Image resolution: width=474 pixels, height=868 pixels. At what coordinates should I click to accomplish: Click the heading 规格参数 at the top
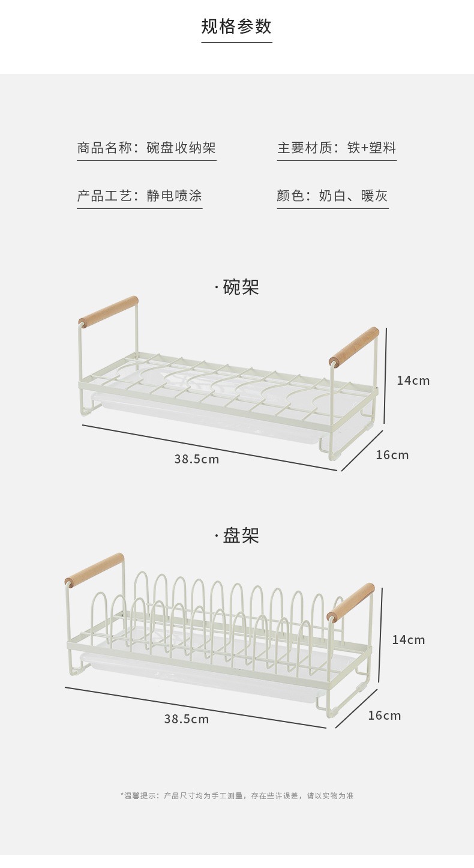(236, 26)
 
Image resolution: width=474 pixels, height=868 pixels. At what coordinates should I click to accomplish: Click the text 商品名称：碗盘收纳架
(146, 148)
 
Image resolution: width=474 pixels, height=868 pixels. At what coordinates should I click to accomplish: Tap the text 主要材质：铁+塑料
(337, 148)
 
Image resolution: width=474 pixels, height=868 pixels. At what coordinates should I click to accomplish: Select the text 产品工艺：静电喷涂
(139, 196)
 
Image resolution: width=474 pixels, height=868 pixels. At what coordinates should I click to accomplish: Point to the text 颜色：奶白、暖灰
(332, 196)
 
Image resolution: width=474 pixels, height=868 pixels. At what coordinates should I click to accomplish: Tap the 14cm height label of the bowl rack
(413, 380)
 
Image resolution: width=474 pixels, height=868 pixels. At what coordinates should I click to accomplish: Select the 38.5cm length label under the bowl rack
(197, 459)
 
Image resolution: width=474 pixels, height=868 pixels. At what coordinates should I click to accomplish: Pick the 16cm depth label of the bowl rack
(392, 455)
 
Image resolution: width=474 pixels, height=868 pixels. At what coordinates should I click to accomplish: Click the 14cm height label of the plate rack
(408, 640)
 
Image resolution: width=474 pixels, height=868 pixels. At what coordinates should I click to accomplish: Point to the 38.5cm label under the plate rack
(187, 719)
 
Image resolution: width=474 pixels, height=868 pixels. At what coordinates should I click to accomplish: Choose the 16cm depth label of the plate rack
(384, 716)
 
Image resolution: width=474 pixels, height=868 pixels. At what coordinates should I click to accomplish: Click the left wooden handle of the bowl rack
(109, 312)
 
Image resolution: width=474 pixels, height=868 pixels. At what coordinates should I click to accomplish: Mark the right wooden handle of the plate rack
(350, 602)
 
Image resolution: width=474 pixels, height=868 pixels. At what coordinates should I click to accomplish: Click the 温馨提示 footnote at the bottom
(237, 795)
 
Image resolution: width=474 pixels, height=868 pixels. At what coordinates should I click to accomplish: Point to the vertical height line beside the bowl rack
(385, 375)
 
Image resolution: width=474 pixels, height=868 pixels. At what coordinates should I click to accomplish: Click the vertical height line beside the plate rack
(380, 635)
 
